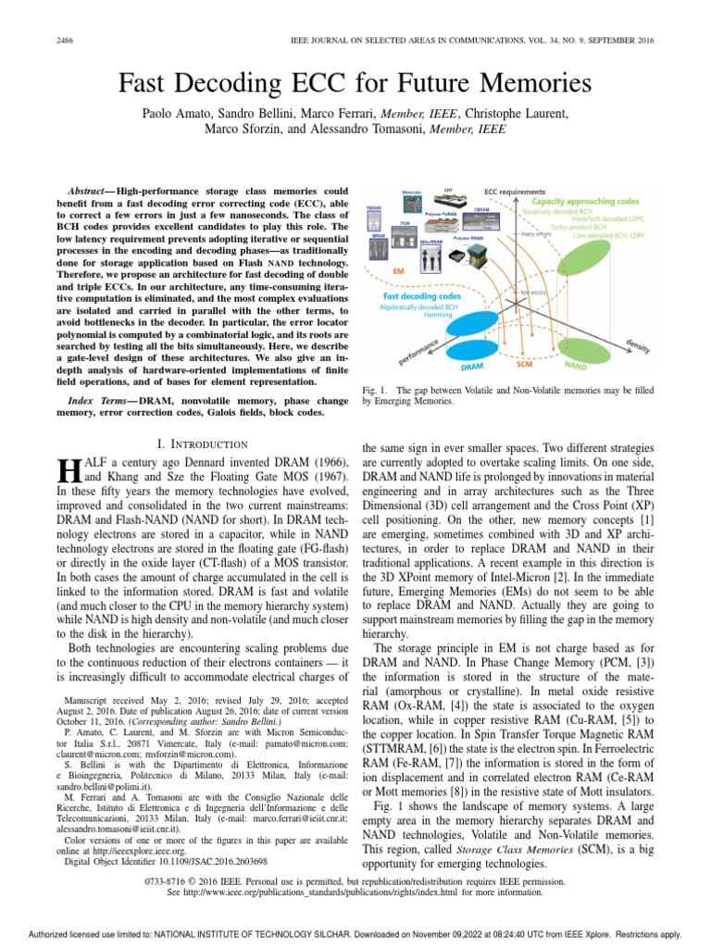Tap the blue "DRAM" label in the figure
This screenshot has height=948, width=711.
(471, 368)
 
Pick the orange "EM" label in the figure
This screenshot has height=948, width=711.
(399, 270)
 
